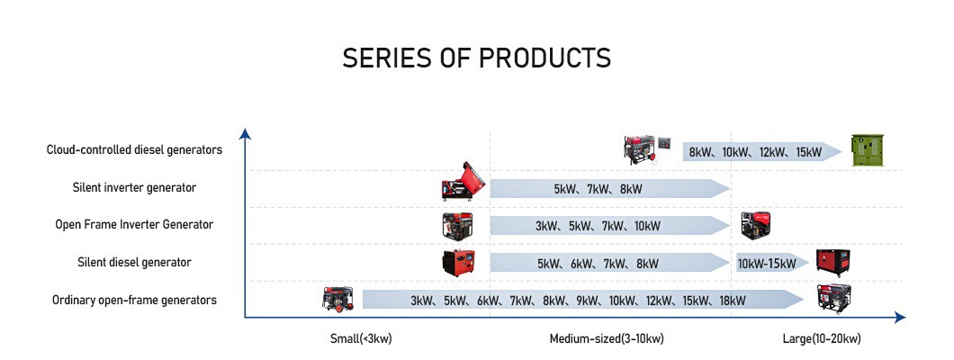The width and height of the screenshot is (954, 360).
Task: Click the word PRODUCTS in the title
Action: pyautogui.click(x=544, y=58)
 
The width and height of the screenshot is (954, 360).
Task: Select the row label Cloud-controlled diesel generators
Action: pyautogui.click(x=134, y=149)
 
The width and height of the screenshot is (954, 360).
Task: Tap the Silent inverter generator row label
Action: pyautogui.click(x=134, y=187)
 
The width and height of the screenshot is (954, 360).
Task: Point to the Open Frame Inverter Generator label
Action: pyautogui.click(x=134, y=224)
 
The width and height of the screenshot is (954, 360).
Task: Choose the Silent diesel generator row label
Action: pyautogui.click(x=134, y=262)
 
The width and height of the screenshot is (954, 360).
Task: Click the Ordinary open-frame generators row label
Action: pyautogui.click(x=134, y=300)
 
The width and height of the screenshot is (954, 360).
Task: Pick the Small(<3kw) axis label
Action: pyautogui.click(x=361, y=338)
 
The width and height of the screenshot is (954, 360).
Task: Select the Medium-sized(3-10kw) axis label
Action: pyautogui.click(x=607, y=338)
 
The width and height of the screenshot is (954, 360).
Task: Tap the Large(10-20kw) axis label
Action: pyautogui.click(x=822, y=338)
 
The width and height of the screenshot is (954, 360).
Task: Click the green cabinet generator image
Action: pyautogui.click(x=867, y=150)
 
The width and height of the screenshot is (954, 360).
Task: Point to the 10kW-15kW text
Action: pyautogui.click(x=767, y=264)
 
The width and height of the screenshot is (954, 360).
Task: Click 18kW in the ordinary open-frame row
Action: pyautogui.click(x=732, y=301)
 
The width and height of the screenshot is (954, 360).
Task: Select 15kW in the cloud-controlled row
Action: pyautogui.click(x=808, y=151)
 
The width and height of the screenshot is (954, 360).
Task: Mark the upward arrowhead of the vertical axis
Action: pyautogui.click(x=245, y=133)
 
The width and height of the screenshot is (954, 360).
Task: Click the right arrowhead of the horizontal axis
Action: pyautogui.click(x=900, y=318)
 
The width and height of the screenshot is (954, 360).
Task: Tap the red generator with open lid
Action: pyautogui.click(x=463, y=181)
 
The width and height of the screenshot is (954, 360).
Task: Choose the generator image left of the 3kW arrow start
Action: pyautogui.click(x=337, y=299)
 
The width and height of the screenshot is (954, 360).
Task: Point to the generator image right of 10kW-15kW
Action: pyautogui.click(x=832, y=263)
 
